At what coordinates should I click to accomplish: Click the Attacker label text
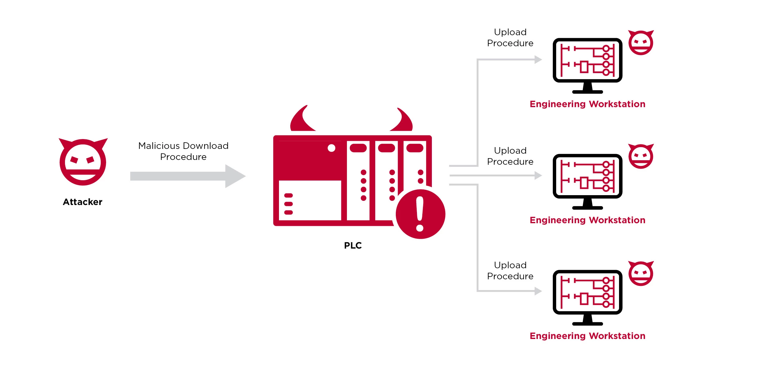pos(83,202)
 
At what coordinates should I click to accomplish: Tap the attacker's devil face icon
pos(83,162)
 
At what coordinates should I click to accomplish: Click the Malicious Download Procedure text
pos(183,151)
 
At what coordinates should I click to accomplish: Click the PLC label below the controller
pos(353,245)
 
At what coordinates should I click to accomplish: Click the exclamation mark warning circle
pos(420,214)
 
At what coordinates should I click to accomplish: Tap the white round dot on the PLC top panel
pos(331,148)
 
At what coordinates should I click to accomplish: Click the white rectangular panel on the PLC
pos(310,200)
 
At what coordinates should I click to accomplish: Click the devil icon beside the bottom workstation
pos(641,274)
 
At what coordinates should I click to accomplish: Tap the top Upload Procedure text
pos(510,38)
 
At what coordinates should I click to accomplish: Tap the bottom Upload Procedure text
pos(510,271)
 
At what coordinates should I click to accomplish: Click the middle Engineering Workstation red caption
pos(587,220)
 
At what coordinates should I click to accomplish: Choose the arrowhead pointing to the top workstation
pos(538,60)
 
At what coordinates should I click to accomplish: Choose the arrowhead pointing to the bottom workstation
pos(538,291)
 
